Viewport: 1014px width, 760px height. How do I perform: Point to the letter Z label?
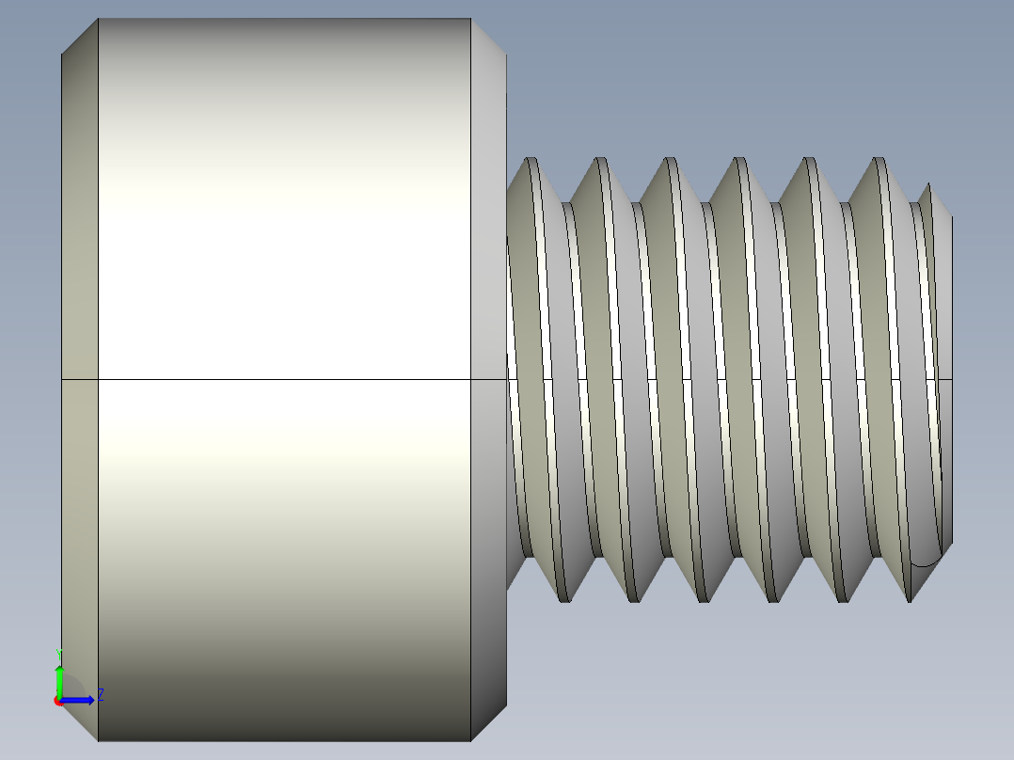(100, 695)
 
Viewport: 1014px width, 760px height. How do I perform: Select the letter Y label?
(59, 653)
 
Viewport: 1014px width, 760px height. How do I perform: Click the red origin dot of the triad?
(58, 701)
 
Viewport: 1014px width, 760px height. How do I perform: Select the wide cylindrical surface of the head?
(282, 235)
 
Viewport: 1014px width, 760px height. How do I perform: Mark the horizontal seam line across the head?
(282, 380)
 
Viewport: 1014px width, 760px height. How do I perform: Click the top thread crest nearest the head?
(531, 162)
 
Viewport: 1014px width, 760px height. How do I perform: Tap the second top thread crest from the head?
(600, 162)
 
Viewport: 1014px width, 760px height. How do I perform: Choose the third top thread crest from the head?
(671, 162)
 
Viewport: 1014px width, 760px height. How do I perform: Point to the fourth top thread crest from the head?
(739, 162)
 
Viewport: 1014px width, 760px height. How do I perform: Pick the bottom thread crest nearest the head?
(563, 596)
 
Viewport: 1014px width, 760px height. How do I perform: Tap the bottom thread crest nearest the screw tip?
(911, 596)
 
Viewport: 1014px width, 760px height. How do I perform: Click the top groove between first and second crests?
(565, 205)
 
